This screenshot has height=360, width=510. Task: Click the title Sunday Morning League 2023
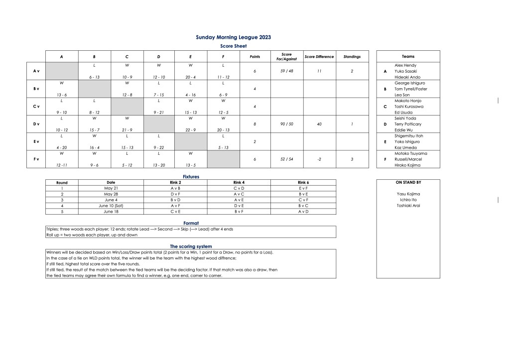tap(234, 37)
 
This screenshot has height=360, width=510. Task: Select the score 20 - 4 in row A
tap(191, 77)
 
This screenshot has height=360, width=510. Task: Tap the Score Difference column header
tap(319, 57)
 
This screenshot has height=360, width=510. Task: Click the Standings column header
tap(352, 57)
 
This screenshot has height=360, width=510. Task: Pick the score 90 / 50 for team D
tap(286, 124)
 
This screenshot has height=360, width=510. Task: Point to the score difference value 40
tap(319, 124)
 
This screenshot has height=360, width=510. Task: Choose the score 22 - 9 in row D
tap(191, 130)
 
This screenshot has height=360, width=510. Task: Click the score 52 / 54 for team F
tap(286, 159)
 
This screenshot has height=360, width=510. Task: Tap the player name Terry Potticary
tap(407, 124)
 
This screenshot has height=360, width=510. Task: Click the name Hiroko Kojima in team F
tap(407, 165)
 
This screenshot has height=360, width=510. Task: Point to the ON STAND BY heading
tap(408, 182)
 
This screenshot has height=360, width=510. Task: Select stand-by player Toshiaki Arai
tap(408, 205)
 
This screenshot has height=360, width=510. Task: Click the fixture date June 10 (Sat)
tap(111, 205)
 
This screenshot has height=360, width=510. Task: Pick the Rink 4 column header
tap(239, 182)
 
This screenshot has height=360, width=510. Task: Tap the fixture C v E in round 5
tap(175, 211)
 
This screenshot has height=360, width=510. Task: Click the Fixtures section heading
tap(191, 177)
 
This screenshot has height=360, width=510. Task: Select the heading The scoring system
tap(191, 246)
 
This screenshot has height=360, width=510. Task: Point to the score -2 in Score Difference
tap(319, 159)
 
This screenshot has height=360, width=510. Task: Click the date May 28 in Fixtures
tap(111, 194)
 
